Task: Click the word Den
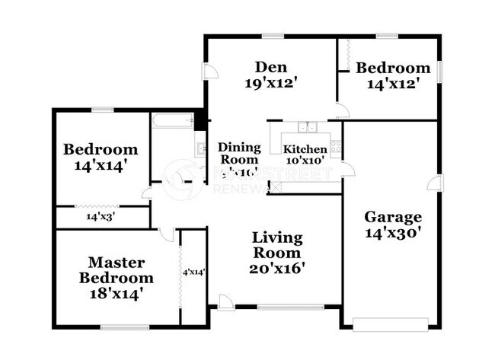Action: tap(272, 66)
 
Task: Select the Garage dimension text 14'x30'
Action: tap(391, 234)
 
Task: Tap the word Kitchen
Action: tap(305, 149)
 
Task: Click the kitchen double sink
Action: tap(308, 128)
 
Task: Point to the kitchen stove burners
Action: tap(335, 146)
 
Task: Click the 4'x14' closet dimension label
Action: tap(193, 271)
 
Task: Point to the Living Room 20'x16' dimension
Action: tap(276, 268)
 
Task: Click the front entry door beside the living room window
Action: tap(225, 304)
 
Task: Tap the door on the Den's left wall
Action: tap(208, 72)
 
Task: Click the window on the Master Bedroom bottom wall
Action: tap(125, 328)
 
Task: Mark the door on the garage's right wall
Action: tap(434, 183)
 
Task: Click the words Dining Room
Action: tap(239, 154)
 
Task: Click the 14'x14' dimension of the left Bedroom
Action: tap(100, 164)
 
